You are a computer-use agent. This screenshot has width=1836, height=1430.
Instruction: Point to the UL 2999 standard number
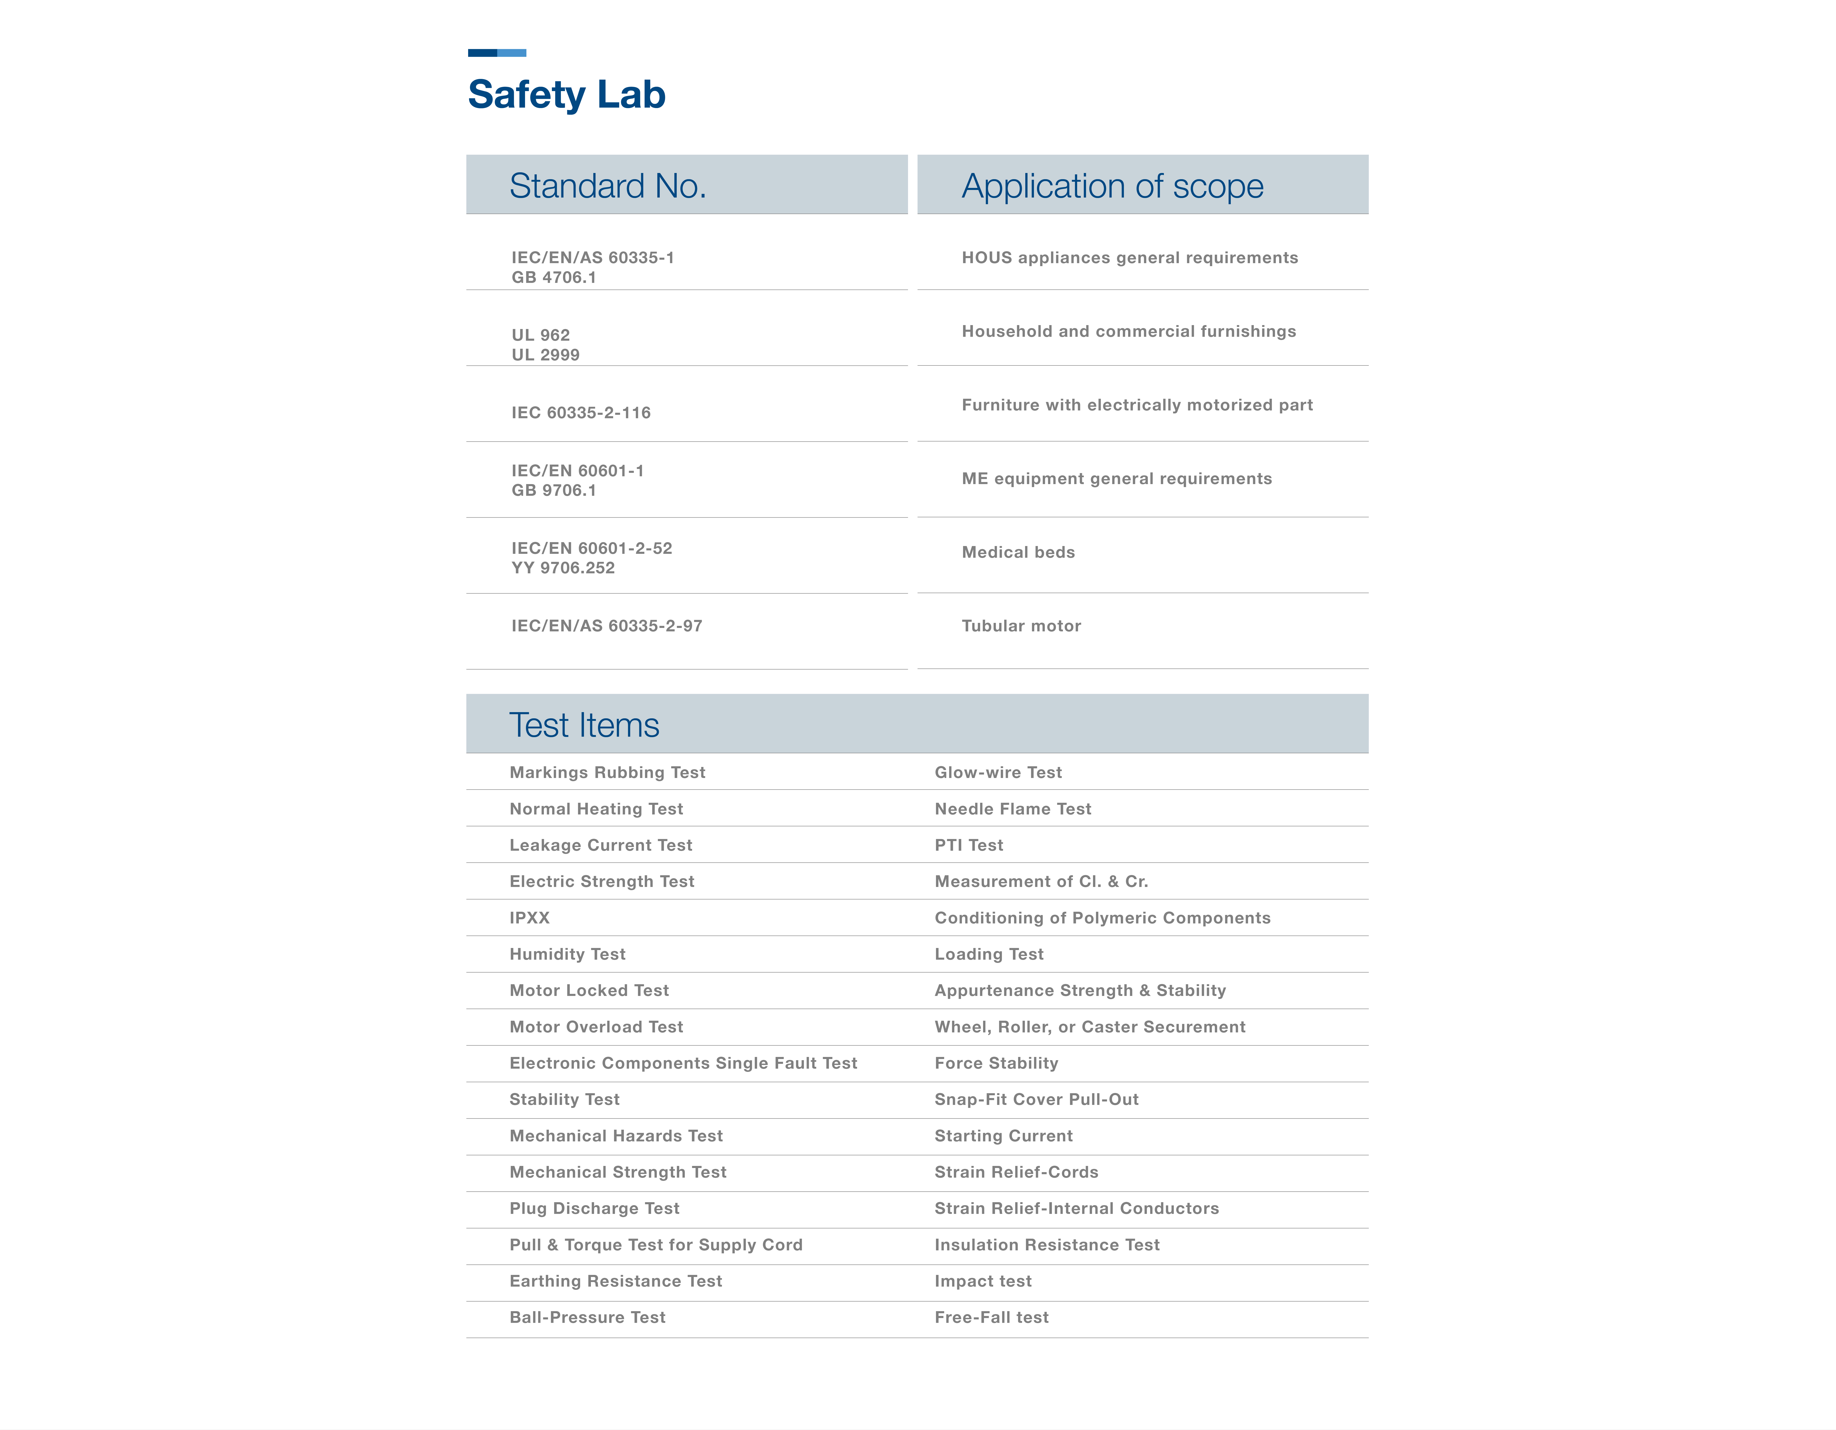(546, 355)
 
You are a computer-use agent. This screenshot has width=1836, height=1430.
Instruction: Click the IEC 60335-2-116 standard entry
(581, 413)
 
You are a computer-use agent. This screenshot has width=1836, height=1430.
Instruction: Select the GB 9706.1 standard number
(554, 490)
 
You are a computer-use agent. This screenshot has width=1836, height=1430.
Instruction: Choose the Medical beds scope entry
(1018, 552)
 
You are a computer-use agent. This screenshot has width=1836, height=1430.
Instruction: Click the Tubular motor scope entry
(1021, 625)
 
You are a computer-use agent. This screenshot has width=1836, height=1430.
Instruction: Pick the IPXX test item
(530, 918)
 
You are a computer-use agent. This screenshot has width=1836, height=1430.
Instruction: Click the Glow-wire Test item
(998, 773)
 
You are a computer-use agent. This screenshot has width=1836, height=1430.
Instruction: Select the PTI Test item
(968, 845)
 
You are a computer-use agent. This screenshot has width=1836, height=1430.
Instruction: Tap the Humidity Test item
(567, 954)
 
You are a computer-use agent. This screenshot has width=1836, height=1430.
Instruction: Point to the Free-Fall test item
(991, 1317)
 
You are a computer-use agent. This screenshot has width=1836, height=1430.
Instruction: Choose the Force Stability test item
(996, 1063)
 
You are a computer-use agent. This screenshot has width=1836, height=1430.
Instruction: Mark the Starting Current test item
(1003, 1136)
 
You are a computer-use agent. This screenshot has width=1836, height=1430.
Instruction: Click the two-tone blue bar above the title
(497, 53)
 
